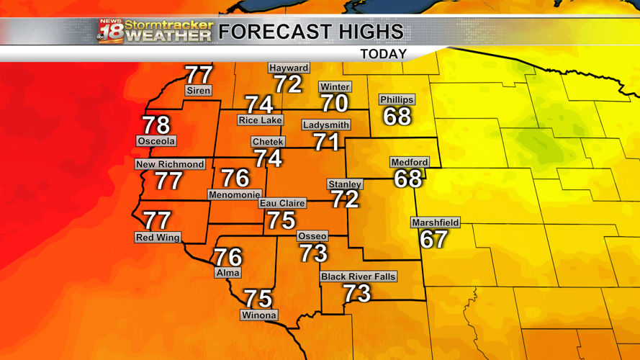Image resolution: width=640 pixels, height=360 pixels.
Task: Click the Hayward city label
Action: [289, 68]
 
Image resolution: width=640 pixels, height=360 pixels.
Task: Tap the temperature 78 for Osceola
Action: [156, 125]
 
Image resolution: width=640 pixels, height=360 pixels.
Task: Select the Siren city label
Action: [198, 91]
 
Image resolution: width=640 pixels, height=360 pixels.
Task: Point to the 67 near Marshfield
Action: [433, 240]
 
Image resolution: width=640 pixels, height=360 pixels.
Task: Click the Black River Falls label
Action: [358, 276]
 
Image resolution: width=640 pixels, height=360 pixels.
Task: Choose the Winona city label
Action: [258, 315]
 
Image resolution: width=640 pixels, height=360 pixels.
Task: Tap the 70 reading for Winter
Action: [335, 104]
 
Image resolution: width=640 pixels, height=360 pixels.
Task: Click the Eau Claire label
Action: [282, 204]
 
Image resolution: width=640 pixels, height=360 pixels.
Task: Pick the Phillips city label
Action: [397, 99]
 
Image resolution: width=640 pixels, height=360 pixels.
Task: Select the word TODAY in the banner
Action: [383, 54]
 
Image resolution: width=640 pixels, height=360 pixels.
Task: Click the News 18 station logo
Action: [109, 32]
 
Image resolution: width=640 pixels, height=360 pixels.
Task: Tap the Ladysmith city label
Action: [326, 125]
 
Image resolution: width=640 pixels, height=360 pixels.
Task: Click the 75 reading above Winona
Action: [258, 298]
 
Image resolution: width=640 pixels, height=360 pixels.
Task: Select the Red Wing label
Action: [158, 238]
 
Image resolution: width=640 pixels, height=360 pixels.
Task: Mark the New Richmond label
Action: [170, 164]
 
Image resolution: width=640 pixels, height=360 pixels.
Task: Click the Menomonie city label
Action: [234, 194]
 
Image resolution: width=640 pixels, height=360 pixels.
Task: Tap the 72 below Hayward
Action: [288, 85]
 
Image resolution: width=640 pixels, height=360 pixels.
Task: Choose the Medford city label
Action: [409, 163]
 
